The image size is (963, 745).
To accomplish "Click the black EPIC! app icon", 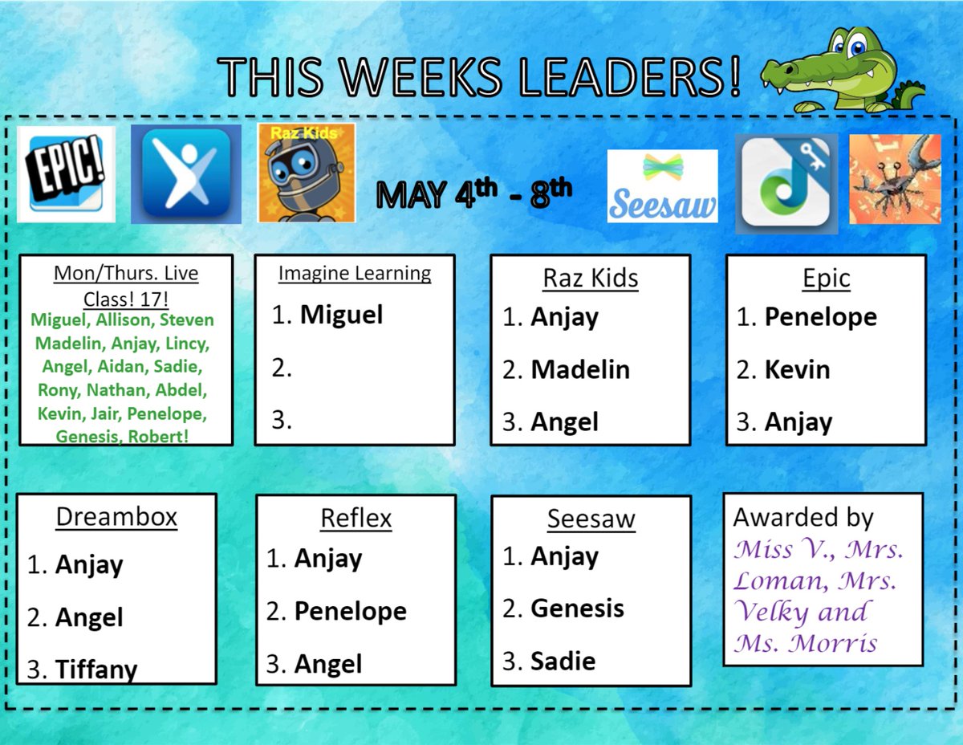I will tap(66, 174).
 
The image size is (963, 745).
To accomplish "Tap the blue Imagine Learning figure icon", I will tap(185, 174).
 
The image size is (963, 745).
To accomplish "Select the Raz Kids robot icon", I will tap(306, 173).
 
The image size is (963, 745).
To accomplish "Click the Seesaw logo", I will tap(662, 186).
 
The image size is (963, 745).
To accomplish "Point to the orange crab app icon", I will tap(894, 178).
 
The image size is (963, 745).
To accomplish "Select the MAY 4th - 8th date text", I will tap(474, 194).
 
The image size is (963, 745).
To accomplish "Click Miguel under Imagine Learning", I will tap(341, 315).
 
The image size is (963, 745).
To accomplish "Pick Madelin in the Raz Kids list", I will tap(580, 369).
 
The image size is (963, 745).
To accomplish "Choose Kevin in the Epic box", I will tap(797, 369).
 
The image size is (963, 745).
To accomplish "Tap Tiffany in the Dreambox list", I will tap(96, 670).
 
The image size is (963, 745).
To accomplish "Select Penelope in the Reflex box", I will tap(350, 612).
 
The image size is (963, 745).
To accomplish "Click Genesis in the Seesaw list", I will tap(577, 609).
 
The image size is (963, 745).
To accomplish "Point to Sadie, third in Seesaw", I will tap(563, 662).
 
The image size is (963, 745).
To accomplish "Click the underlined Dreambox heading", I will tap(116, 518).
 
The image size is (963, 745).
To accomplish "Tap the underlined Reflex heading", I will tap(356, 519).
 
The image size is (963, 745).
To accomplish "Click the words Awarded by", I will tap(802, 518).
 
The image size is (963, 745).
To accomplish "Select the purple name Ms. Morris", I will tap(805, 643).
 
